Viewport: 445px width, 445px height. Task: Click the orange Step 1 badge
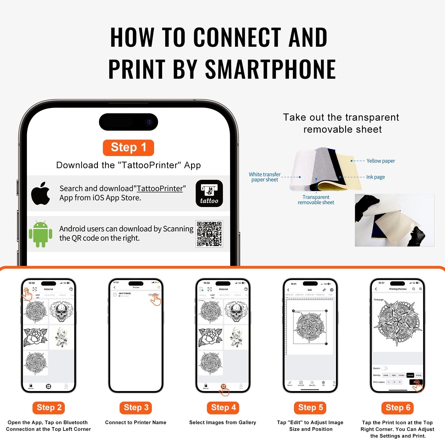[128, 147]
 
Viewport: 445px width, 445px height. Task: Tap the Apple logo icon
[41, 194]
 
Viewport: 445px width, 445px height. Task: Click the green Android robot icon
[41, 234]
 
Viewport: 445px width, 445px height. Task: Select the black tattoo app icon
[209, 194]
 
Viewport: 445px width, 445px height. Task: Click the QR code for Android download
[209, 234]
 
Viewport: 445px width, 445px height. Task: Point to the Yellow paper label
[380, 161]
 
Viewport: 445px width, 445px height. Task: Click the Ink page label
[375, 177]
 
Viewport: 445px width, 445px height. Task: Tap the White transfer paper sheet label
[264, 177]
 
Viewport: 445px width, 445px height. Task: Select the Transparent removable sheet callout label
[316, 200]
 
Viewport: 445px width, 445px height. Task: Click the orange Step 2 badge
[49, 408]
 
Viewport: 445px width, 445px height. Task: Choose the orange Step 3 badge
[136, 408]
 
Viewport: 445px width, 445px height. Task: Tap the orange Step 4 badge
[223, 408]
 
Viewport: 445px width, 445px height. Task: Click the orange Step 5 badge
[310, 408]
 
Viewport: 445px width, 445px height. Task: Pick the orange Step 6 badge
[397, 408]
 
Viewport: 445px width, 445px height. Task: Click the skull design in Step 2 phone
[61, 311]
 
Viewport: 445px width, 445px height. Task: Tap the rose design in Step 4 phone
[210, 337]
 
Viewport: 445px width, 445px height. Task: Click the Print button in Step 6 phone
[416, 382]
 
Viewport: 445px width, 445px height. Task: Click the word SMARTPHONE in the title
[270, 69]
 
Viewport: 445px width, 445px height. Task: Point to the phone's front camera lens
[149, 122]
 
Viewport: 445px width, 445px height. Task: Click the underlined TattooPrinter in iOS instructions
[160, 189]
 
